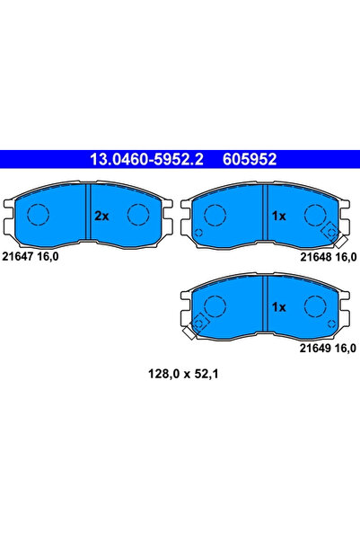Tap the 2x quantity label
coord(101,216)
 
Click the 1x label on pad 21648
coord(278,216)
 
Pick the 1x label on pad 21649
coord(278,306)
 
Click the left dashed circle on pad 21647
coord(37,215)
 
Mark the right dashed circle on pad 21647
coord(138,215)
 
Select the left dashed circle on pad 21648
coord(214,215)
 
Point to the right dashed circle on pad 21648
coord(314,215)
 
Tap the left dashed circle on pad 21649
coord(214,306)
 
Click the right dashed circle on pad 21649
coord(314,306)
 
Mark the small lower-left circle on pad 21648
coord(198,235)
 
